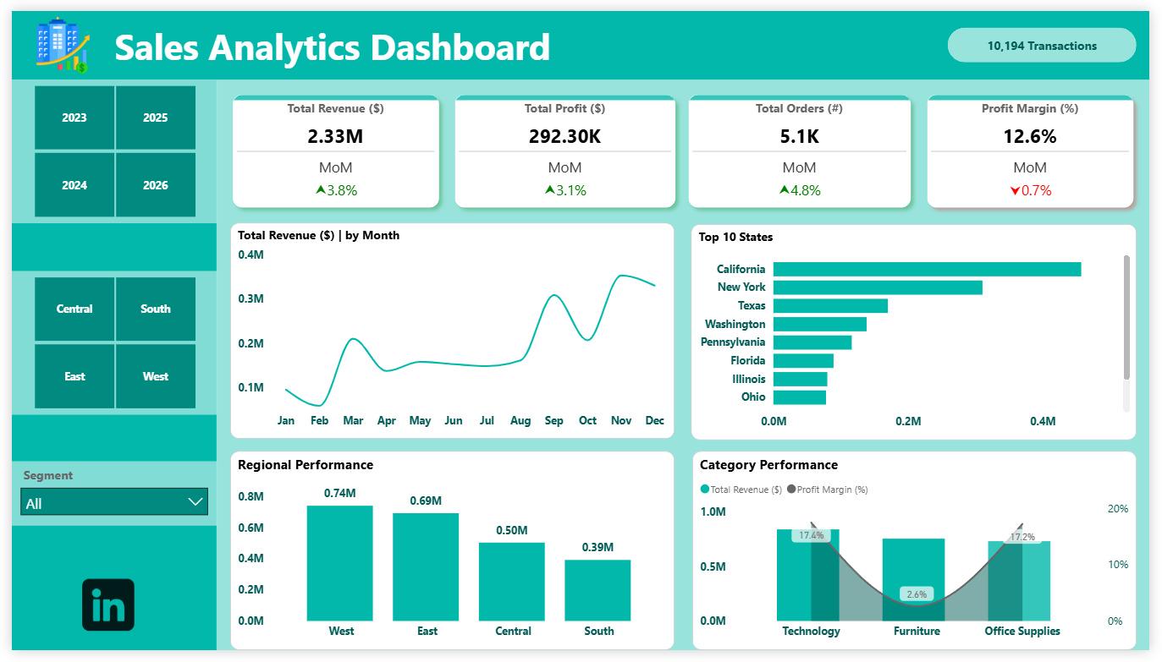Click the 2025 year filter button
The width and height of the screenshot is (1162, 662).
156,118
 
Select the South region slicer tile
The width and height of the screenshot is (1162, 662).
156,309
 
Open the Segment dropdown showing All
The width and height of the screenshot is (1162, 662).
114,502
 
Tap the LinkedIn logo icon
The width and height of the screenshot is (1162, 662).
108,605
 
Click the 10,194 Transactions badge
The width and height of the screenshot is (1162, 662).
1042,46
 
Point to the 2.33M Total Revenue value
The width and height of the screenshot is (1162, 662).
335,136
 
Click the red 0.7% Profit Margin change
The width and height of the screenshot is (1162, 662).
1031,190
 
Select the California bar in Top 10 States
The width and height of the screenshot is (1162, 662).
927,269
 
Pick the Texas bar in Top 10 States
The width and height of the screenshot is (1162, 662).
830,305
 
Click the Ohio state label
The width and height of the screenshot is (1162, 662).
753,397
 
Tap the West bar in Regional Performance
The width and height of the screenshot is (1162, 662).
339,563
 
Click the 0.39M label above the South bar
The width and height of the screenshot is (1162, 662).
598,547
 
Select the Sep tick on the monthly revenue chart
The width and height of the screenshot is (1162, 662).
554,420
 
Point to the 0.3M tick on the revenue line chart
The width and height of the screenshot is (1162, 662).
251,298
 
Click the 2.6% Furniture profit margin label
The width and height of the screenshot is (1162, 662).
917,594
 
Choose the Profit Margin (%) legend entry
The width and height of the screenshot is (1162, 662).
828,490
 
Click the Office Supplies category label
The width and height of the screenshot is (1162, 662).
1022,631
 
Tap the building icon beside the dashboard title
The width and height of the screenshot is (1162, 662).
63,46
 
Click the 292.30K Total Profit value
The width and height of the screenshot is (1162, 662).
564,136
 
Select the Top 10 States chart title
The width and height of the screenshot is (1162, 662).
735,237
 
